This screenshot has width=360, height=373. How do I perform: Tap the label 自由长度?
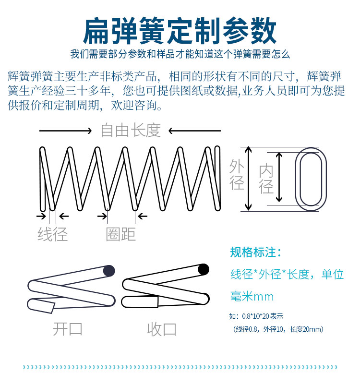[x=131, y=130]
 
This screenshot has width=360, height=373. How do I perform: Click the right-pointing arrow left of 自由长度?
[x=65, y=131]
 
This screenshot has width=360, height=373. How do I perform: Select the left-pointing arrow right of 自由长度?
[x=194, y=131]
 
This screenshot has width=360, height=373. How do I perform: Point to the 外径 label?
[x=237, y=175]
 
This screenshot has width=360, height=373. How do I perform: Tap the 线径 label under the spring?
[x=53, y=234]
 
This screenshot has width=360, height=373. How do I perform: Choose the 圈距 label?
[x=121, y=234]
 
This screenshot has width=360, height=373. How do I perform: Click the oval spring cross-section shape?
[x=311, y=179]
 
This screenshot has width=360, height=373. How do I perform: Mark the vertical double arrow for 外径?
[x=249, y=179]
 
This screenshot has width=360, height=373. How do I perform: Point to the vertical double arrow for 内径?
[x=280, y=179]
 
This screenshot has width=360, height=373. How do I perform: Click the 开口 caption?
[x=68, y=329]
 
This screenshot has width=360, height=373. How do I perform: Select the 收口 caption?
[x=162, y=329]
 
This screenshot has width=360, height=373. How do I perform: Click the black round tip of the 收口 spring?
[x=204, y=269]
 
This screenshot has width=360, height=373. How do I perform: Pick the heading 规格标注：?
[x=256, y=253]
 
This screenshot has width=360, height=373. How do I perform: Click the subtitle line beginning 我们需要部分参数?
[x=180, y=54]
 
